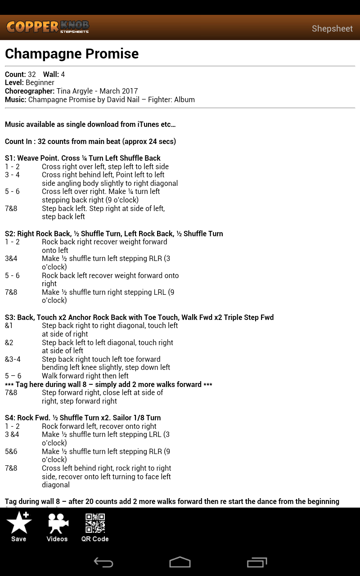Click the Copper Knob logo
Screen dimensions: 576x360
click(x=47, y=27)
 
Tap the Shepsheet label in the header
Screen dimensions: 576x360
click(x=332, y=29)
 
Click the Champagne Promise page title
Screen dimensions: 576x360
click(x=72, y=54)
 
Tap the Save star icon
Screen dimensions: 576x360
click(x=19, y=523)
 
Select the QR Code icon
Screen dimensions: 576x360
click(x=95, y=523)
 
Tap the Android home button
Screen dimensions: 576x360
click(x=180, y=562)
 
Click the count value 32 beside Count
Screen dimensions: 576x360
click(x=32, y=74)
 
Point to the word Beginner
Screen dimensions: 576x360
click(x=40, y=83)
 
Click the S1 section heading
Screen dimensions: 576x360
click(x=83, y=158)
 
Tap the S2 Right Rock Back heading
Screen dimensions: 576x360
click(x=114, y=234)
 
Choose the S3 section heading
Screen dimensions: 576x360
click(x=139, y=317)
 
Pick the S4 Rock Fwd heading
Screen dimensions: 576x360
click(x=83, y=418)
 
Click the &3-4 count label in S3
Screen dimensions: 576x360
click(x=13, y=359)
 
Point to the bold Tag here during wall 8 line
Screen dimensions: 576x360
click(x=108, y=384)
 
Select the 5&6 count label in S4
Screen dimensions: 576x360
click(x=11, y=451)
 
